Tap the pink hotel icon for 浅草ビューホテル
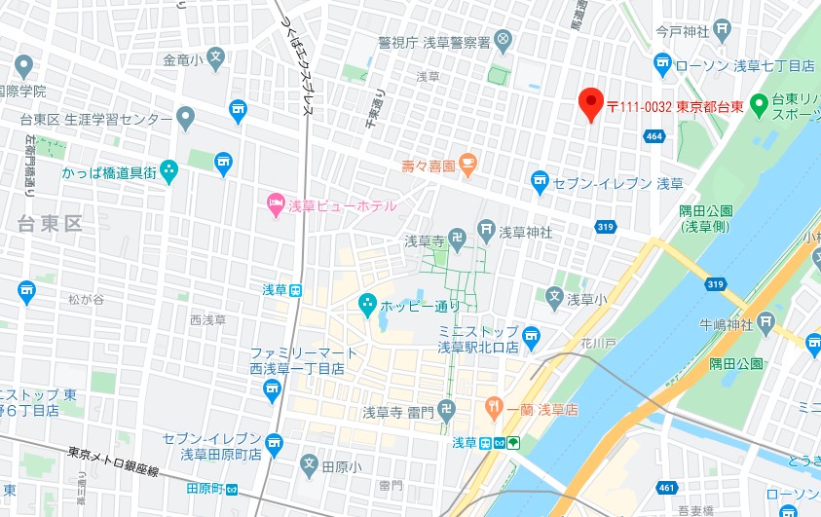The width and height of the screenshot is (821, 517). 275,205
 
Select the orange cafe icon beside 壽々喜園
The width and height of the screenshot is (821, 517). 467,165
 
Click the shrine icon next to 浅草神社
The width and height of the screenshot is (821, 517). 486,232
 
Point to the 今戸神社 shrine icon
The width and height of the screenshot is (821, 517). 722,30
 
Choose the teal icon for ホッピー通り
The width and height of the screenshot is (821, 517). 367,305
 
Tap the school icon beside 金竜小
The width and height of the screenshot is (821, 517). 215,58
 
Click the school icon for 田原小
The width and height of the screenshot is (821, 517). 309,464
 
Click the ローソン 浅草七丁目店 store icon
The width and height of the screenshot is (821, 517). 663,65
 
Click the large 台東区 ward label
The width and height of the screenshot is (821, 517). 50,224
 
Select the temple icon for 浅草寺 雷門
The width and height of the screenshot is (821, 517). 446,411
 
